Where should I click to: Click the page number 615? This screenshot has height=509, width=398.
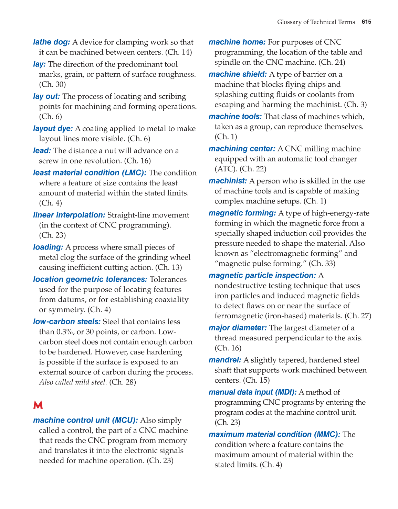366,22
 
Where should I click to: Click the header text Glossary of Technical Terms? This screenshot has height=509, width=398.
316,22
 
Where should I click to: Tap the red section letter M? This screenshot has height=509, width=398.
38,405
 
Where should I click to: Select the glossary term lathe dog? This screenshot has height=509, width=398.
51,42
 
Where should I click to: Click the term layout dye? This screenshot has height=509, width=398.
53,129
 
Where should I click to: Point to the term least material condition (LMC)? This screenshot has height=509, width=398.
90,173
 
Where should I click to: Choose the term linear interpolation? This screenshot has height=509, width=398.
69,215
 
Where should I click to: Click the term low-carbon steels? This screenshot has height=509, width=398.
66,322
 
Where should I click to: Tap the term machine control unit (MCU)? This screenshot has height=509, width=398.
85,421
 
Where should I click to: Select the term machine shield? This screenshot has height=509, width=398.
238,74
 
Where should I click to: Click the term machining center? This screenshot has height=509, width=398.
242,149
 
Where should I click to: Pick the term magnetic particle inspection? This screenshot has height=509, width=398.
262,276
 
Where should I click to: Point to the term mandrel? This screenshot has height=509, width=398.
224,360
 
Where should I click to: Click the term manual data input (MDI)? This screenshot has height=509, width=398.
252,392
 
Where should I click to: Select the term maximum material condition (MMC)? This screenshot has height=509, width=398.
274,435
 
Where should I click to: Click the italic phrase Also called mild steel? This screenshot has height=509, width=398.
73,382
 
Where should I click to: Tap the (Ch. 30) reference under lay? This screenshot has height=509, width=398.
52,84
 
